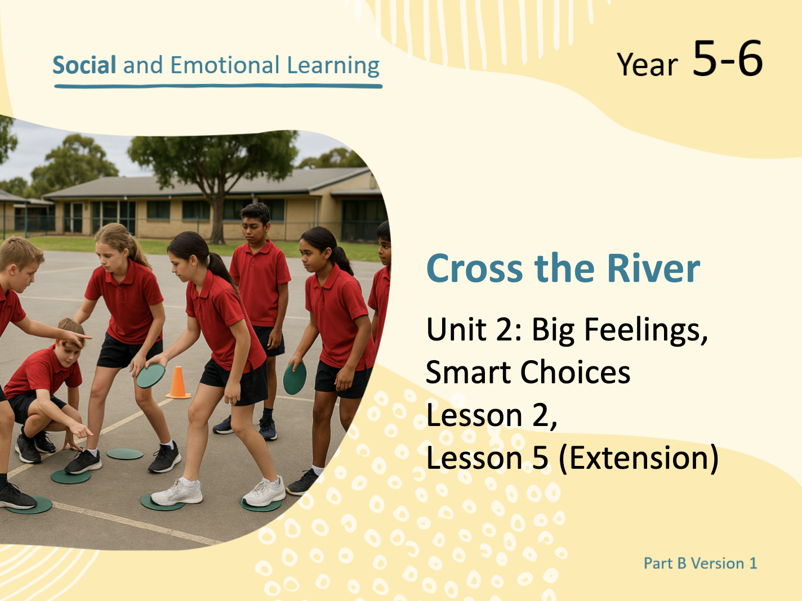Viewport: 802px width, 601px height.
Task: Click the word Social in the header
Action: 84,65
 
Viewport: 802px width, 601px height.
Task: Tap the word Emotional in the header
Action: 225,65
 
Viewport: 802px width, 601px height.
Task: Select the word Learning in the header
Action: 333,66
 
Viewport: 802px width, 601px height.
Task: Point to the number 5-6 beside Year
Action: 728,59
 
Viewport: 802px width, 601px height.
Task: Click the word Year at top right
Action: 647,65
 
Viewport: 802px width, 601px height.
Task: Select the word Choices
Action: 575,372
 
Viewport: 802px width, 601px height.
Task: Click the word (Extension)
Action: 639,458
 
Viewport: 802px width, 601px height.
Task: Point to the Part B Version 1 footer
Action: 700,563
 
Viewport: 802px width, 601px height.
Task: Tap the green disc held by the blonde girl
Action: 151,375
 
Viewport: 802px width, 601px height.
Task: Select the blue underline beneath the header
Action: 218,86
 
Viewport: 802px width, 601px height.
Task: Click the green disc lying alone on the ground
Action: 125,454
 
